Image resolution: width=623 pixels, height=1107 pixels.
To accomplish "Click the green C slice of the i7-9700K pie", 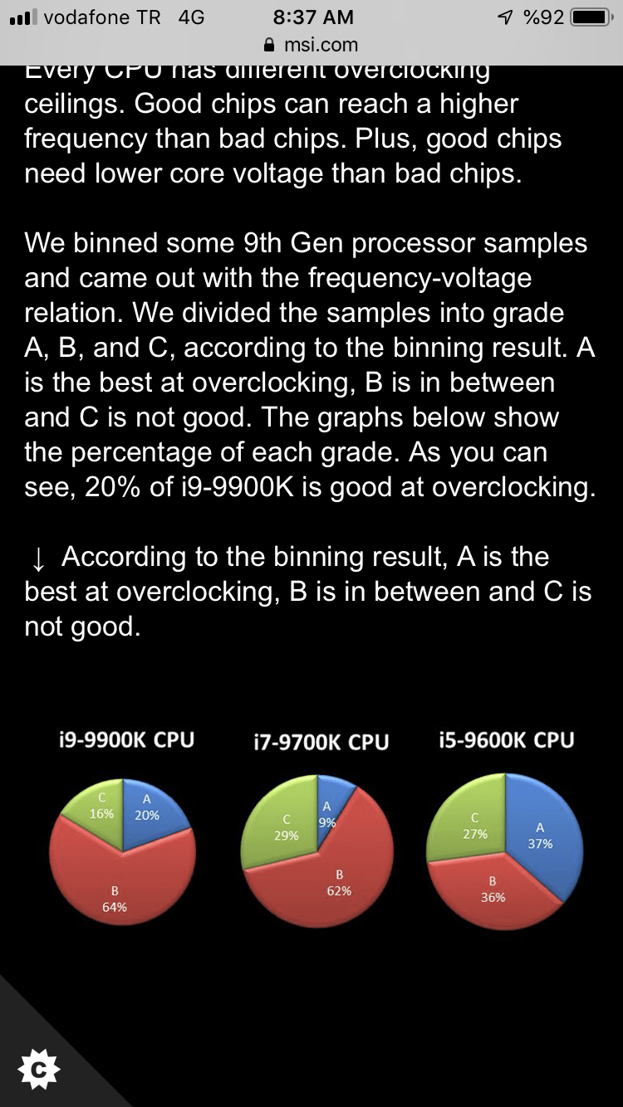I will click(278, 830).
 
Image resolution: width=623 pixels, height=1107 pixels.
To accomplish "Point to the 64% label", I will click(115, 907).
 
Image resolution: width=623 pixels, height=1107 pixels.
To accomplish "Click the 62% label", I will click(339, 891).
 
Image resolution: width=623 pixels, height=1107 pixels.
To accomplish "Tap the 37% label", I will click(540, 844).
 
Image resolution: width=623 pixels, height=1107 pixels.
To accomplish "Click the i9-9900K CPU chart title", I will click(127, 739).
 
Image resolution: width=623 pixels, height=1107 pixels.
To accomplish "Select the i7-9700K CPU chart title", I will click(321, 741).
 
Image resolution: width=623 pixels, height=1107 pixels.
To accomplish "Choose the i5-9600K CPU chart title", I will click(506, 739).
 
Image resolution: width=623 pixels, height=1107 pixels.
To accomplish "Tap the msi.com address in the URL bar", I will click(321, 44).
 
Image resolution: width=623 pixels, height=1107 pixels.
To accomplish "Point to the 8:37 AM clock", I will click(312, 17).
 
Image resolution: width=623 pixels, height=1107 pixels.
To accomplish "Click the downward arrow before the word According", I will click(37, 558).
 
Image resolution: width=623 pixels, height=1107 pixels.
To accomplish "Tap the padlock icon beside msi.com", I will click(268, 44).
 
